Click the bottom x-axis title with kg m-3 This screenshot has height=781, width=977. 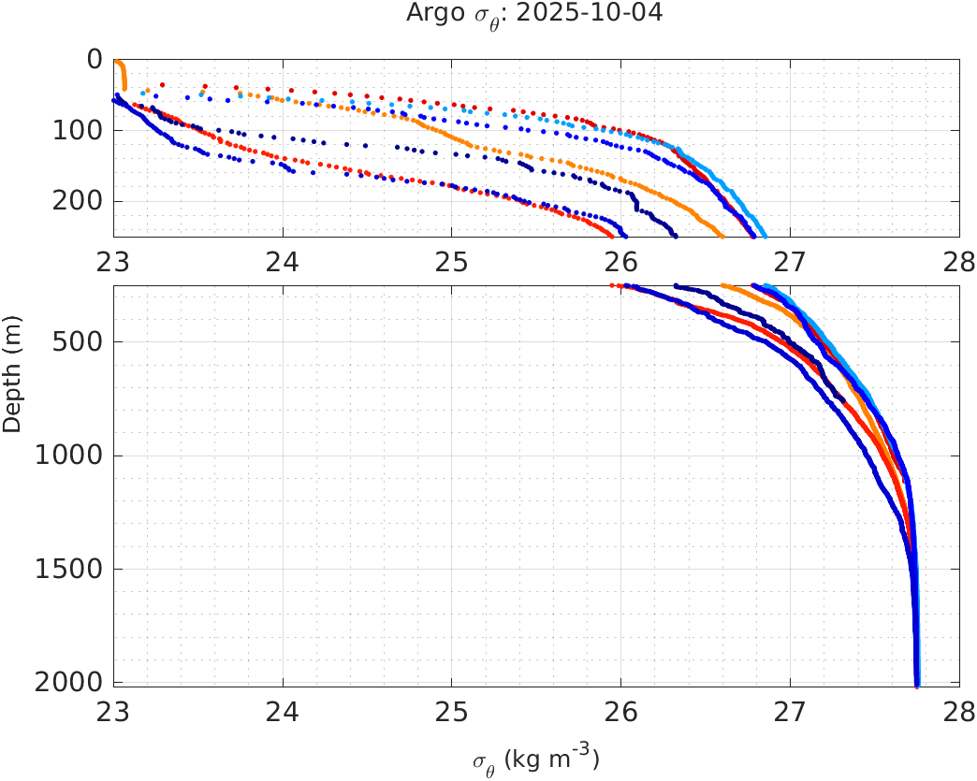pyautogui.click(x=535, y=759)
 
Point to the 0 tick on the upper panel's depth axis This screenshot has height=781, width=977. pyautogui.click(x=95, y=59)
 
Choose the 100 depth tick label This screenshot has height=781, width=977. pyautogui.click(x=77, y=130)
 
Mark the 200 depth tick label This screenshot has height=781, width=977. pyautogui.click(x=77, y=201)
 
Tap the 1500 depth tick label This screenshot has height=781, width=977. pyautogui.click(x=69, y=569)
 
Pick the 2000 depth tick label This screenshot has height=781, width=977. pyautogui.click(x=69, y=682)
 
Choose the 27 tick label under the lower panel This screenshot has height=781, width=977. pyautogui.click(x=790, y=710)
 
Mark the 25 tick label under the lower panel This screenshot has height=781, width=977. pyautogui.click(x=452, y=710)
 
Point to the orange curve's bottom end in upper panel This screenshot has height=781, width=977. pyautogui.click(x=720, y=234)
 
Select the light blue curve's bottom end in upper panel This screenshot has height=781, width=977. pyautogui.click(x=764, y=234)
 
